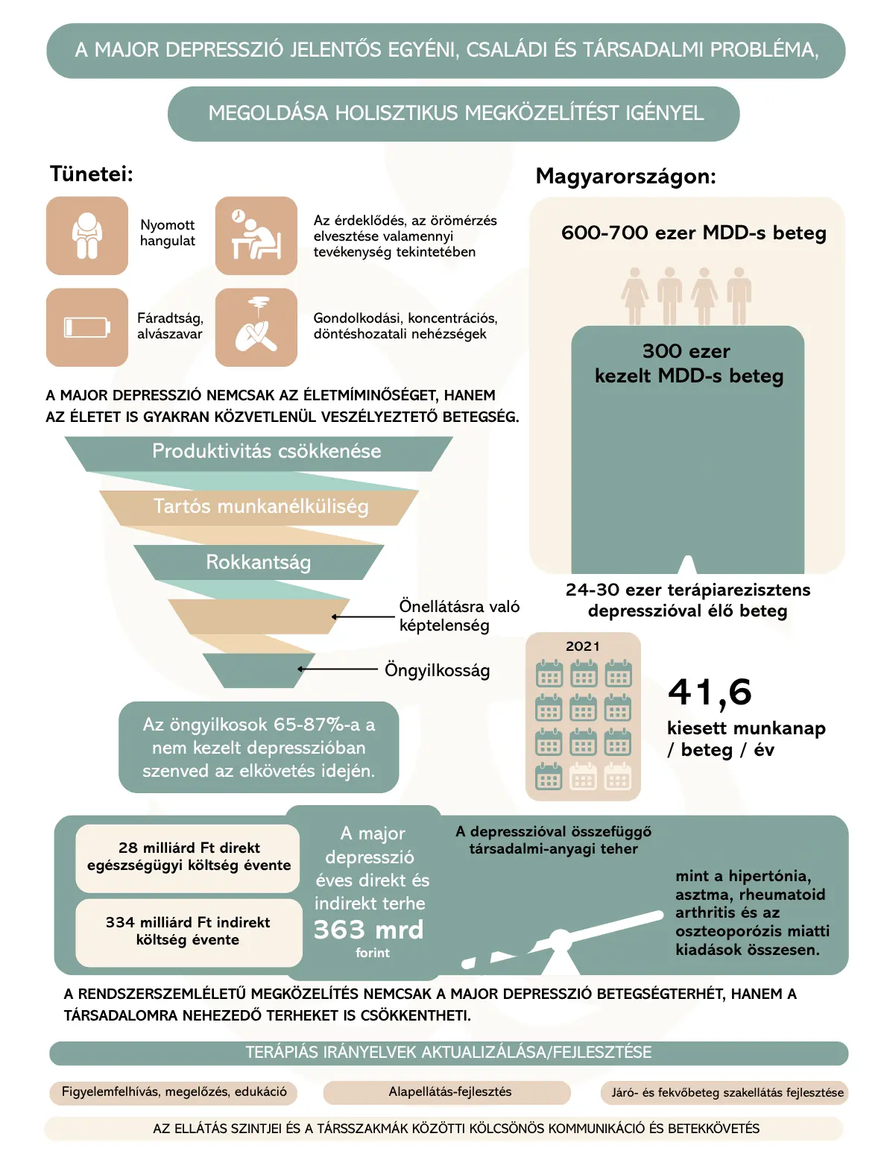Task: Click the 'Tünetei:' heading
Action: pos(91,174)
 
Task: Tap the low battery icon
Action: pos(87,327)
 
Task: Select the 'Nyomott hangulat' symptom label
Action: pos(167,233)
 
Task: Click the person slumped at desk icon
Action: pos(256,236)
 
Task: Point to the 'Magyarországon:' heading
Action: pos(625,177)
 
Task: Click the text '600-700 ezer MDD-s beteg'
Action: pos(693,233)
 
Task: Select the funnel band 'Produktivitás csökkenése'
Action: pos(266,452)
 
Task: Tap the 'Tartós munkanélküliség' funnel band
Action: pos(261,507)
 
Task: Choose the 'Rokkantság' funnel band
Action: pos(258,562)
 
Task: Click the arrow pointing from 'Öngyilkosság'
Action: pos(339,669)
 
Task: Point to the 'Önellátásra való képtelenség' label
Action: pos(458,616)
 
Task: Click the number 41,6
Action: pos(710,693)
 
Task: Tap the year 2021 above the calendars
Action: pos(582,646)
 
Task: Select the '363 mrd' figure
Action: pos(368,930)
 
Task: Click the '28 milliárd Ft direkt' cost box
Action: pos(189,857)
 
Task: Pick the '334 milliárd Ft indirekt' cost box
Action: pos(188,932)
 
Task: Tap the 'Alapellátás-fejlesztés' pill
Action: pos(449,1092)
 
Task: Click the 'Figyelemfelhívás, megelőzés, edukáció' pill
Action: pos(174,1092)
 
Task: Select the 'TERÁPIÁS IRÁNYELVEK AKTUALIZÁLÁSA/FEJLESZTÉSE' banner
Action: pos(449,1053)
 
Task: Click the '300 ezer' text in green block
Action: pos(686,352)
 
